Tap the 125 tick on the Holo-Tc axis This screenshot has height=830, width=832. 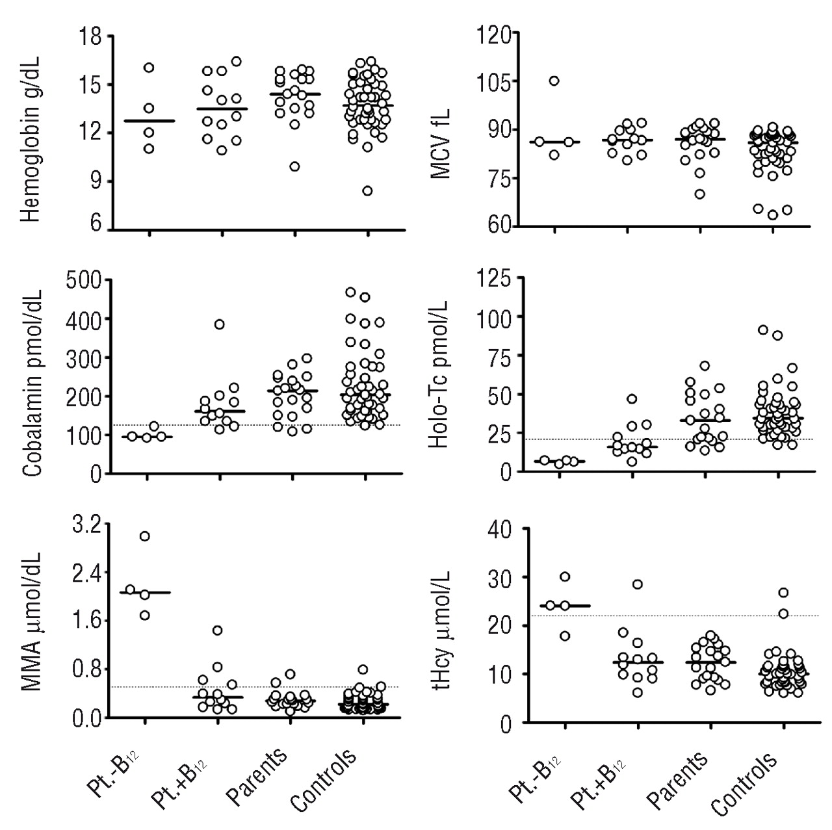[x=494, y=277]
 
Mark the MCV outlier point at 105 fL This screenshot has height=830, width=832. [x=554, y=81]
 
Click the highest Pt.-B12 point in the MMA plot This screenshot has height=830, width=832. [x=145, y=536]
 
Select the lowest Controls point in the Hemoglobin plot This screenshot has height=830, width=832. [x=367, y=190]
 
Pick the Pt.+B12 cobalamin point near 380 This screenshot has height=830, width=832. [x=219, y=324]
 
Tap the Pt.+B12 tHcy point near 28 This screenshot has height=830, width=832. [x=638, y=584]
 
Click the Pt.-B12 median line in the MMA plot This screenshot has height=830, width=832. [x=145, y=593]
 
